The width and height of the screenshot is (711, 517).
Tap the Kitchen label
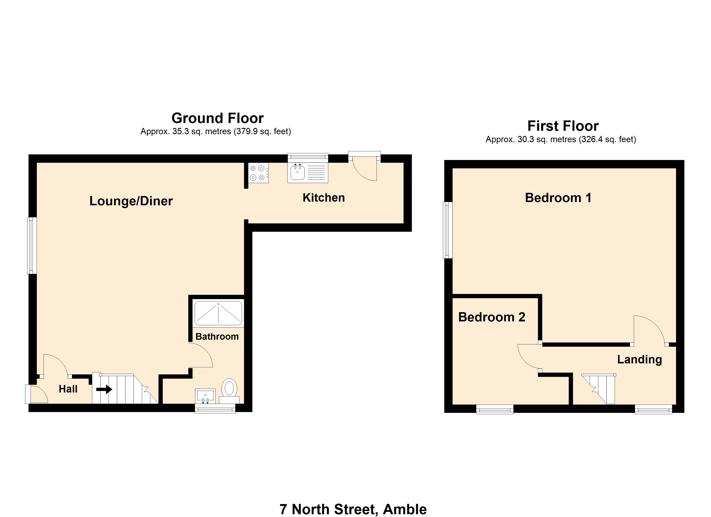[x=324, y=198]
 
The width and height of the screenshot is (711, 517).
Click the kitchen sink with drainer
[x=307, y=173]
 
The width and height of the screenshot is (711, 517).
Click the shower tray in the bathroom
[x=218, y=313]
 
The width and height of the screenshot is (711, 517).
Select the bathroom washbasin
[x=205, y=396]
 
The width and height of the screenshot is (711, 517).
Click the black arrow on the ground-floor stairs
[x=104, y=389]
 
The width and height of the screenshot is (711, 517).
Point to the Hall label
[x=68, y=389]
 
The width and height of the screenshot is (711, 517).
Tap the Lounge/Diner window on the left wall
[x=32, y=246]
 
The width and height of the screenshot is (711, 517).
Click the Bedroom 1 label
[x=558, y=198]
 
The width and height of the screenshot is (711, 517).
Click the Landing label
[x=639, y=359]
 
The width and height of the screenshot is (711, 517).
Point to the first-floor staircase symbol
[x=599, y=389]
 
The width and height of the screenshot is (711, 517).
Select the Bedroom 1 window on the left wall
[x=448, y=230]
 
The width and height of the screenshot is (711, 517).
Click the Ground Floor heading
[x=218, y=118]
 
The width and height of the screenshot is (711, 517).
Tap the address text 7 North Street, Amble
[x=353, y=509]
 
